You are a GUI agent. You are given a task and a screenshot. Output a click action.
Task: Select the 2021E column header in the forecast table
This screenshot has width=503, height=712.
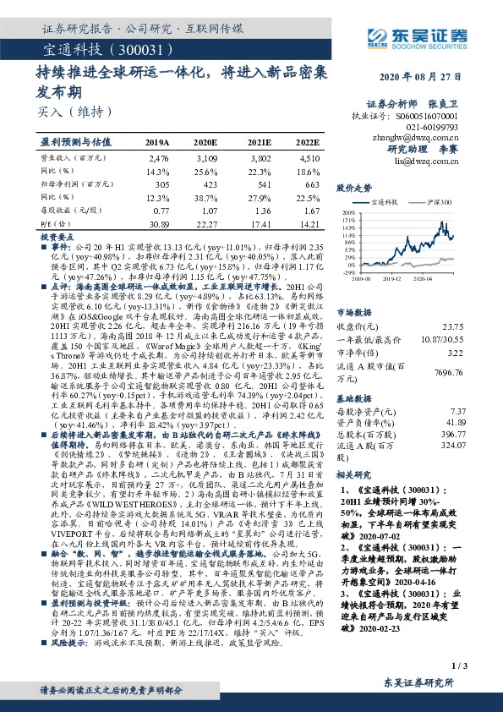point(260,142)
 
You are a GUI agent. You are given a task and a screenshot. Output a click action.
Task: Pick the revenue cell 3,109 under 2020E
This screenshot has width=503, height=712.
point(205,158)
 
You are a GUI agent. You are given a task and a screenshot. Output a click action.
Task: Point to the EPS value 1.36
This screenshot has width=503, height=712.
point(260,210)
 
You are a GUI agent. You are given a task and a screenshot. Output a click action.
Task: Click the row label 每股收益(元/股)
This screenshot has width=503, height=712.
point(68,210)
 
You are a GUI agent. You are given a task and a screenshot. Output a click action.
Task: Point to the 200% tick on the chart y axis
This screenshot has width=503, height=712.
point(347,213)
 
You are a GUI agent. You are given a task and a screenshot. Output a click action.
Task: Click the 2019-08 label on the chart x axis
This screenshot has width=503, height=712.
point(362,277)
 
